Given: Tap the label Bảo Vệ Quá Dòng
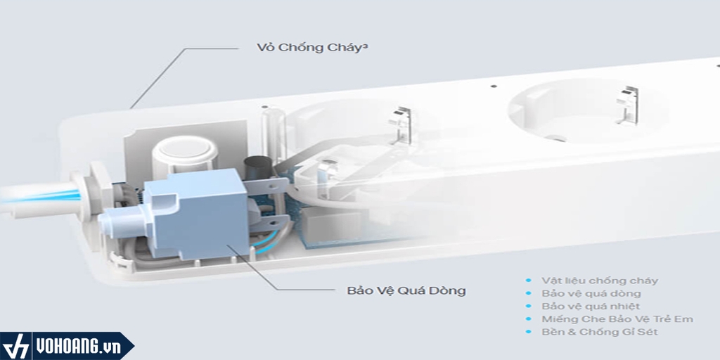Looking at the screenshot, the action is [x=406, y=290].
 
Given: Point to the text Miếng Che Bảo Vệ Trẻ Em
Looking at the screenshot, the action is [x=617, y=319].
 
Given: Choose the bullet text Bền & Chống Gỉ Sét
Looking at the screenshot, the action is [x=599, y=331].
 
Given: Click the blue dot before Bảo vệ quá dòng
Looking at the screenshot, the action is [x=529, y=293].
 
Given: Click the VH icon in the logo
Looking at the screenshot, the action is [x=16, y=347].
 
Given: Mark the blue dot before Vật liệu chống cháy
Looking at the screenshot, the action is [x=529, y=281].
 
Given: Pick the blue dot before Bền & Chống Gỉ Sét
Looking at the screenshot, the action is [x=529, y=331].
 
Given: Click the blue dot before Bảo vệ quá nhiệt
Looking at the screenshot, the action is [x=529, y=306].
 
